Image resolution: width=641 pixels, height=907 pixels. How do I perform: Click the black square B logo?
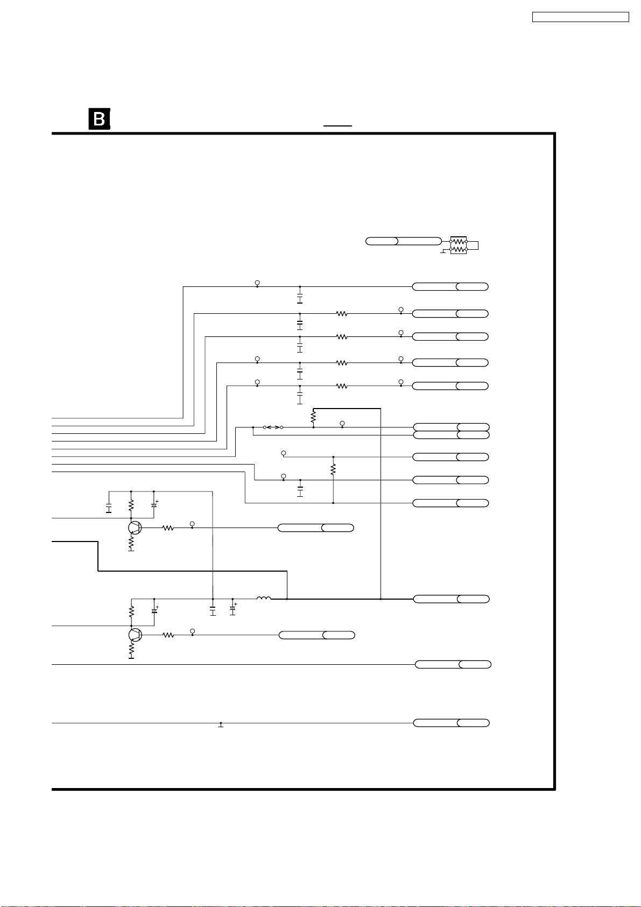pyautogui.click(x=99, y=119)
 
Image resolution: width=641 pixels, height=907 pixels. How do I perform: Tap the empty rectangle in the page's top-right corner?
pyautogui.click(x=580, y=17)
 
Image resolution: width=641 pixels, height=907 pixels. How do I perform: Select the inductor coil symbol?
pyautogui.click(x=264, y=598)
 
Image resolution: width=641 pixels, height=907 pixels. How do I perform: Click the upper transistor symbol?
pyautogui.click(x=135, y=528)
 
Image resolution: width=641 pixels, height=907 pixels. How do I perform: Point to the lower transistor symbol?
pyautogui.click(x=135, y=635)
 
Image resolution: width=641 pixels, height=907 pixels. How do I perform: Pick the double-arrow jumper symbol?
pyautogui.click(x=273, y=427)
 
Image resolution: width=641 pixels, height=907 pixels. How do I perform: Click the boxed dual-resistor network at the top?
pyautogui.click(x=459, y=245)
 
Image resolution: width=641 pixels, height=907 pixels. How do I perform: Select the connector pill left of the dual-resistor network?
pyautogui.click(x=403, y=241)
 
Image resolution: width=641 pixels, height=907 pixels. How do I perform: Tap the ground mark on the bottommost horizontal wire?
pyautogui.click(x=221, y=725)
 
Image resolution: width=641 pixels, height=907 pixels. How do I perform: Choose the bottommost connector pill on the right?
pyautogui.click(x=451, y=723)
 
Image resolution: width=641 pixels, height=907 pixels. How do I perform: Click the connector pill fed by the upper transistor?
pyautogui.click(x=315, y=528)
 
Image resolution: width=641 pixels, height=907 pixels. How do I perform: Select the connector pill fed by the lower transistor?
pyautogui.click(x=316, y=635)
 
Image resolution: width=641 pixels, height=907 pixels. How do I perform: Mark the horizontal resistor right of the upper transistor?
pyautogui.click(x=168, y=528)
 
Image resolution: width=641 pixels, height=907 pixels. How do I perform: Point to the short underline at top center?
pyautogui.click(x=337, y=125)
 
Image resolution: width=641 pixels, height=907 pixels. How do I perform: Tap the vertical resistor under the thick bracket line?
pyautogui.click(x=313, y=417)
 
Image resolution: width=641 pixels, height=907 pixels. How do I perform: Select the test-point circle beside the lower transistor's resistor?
pyautogui.click(x=192, y=631)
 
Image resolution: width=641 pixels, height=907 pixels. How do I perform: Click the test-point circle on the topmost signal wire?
pyautogui.click(x=257, y=283)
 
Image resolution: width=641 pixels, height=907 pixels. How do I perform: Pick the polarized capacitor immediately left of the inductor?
pyautogui.click(x=233, y=610)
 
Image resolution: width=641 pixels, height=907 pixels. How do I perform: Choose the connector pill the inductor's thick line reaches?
pyautogui.click(x=451, y=599)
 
